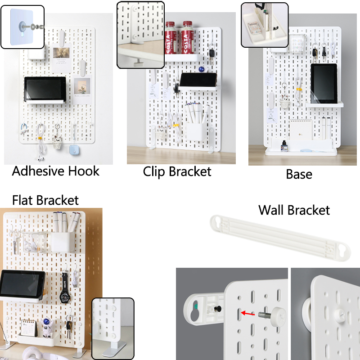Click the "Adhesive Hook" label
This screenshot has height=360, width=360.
(x=55, y=171)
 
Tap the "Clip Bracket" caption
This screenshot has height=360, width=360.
(x=177, y=172)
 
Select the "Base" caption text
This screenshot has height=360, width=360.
(x=299, y=174)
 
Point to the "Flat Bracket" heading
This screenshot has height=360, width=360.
(x=45, y=200)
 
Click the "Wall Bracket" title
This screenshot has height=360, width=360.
(x=294, y=210)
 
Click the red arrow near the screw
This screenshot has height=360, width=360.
(x=248, y=313)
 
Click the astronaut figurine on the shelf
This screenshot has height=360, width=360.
(x=47, y=328)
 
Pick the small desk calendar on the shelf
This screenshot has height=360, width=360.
(x=29, y=328)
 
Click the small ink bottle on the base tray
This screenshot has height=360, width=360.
(x=284, y=146)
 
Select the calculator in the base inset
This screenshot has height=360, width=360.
(x=254, y=28)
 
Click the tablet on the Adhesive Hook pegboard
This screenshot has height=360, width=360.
(x=45, y=89)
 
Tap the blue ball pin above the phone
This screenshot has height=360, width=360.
(x=202, y=69)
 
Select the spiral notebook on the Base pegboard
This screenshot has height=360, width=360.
(x=301, y=129)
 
